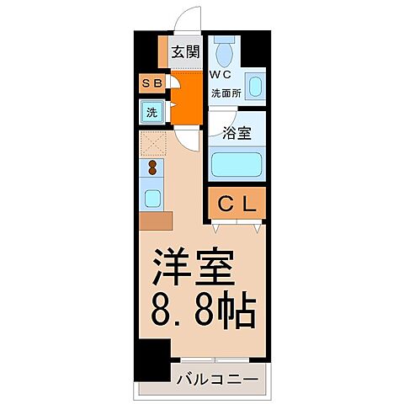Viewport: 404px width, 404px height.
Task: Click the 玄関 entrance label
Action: click(185, 52)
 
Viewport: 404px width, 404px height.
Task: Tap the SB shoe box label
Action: click(151, 84)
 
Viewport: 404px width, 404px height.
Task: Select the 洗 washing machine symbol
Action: click(152, 111)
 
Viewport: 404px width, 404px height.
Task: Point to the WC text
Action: click(221, 73)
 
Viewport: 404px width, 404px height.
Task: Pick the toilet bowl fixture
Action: click(224, 54)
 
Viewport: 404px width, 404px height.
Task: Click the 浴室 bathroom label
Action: click(237, 132)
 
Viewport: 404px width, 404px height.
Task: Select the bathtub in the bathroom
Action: click(237, 162)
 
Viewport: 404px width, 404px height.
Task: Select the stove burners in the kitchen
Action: click(153, 168)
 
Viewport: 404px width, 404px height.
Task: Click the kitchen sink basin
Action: click(153, 199)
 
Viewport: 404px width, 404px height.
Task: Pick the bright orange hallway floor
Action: click(187, 97)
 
